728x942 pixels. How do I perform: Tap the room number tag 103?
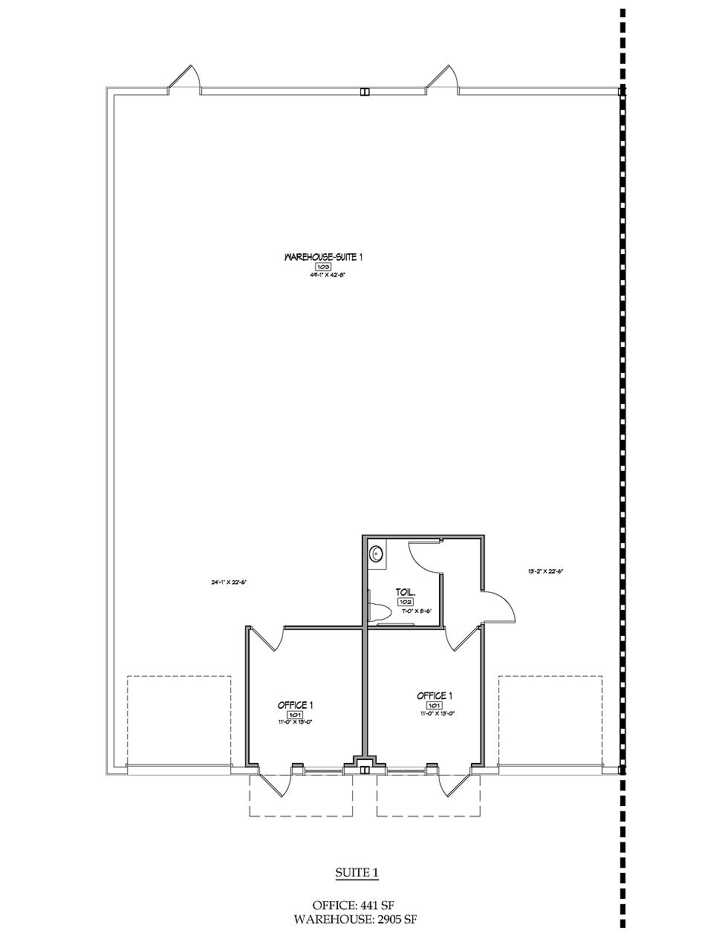(x=323, y=266)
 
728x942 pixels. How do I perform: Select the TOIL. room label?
(x=405, y=593)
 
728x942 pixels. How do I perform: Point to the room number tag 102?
(x=405, y=602)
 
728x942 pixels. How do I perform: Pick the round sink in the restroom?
(x=378, y=553)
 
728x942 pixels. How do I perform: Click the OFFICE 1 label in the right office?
(x=435, y=695)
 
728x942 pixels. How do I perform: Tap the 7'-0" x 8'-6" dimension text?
(x=417, y=611)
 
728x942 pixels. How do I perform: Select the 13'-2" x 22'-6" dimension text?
(x=546, y=571)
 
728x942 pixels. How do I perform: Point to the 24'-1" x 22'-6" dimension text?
(x=228, y=582)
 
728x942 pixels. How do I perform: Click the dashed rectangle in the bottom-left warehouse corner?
(x=179, y=720)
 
